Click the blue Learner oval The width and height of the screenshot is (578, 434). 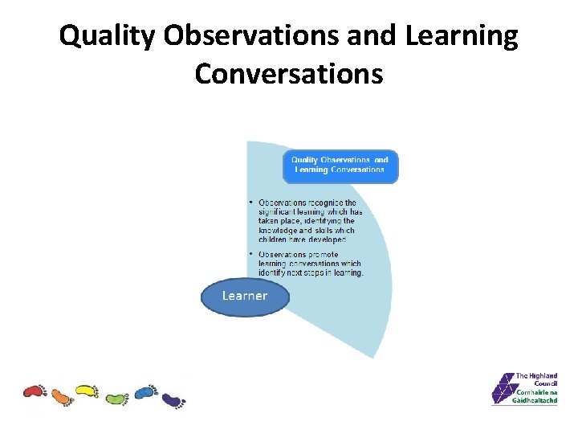[244, 296]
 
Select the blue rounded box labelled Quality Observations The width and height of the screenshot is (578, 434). [340, 165]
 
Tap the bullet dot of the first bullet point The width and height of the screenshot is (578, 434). [251, 203]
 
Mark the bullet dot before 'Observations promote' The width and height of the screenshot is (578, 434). [251, 255]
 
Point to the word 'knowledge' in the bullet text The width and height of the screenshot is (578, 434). [278, 230]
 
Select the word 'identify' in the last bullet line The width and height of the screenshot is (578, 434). [274, 272]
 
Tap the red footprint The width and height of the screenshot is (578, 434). [35, 391]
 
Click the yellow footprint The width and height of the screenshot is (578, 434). [87, 391]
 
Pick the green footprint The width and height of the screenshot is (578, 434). [116, 397]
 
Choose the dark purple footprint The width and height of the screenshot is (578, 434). [173, 399]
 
